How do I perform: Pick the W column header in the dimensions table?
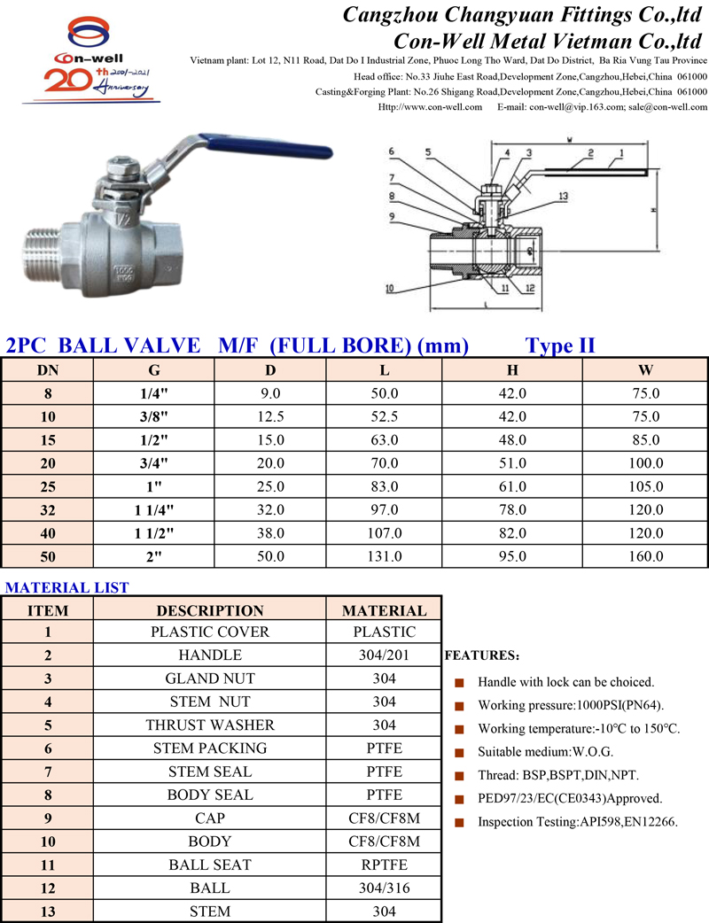point(645,370)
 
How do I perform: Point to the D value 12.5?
point(270,416)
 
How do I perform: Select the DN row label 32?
point(48,509)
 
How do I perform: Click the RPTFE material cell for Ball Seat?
point(384,864)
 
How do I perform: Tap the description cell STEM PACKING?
point(210,748)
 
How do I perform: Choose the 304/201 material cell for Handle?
point(384,655)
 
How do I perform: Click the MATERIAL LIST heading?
point(67,587)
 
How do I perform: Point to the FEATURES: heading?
point(481,656)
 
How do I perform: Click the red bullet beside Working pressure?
point(459,706)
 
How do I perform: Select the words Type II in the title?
point(560,345)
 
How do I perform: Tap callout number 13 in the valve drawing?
point(564,196)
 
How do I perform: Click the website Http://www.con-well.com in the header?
point(430,106)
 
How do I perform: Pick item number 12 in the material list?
point(48,888)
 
